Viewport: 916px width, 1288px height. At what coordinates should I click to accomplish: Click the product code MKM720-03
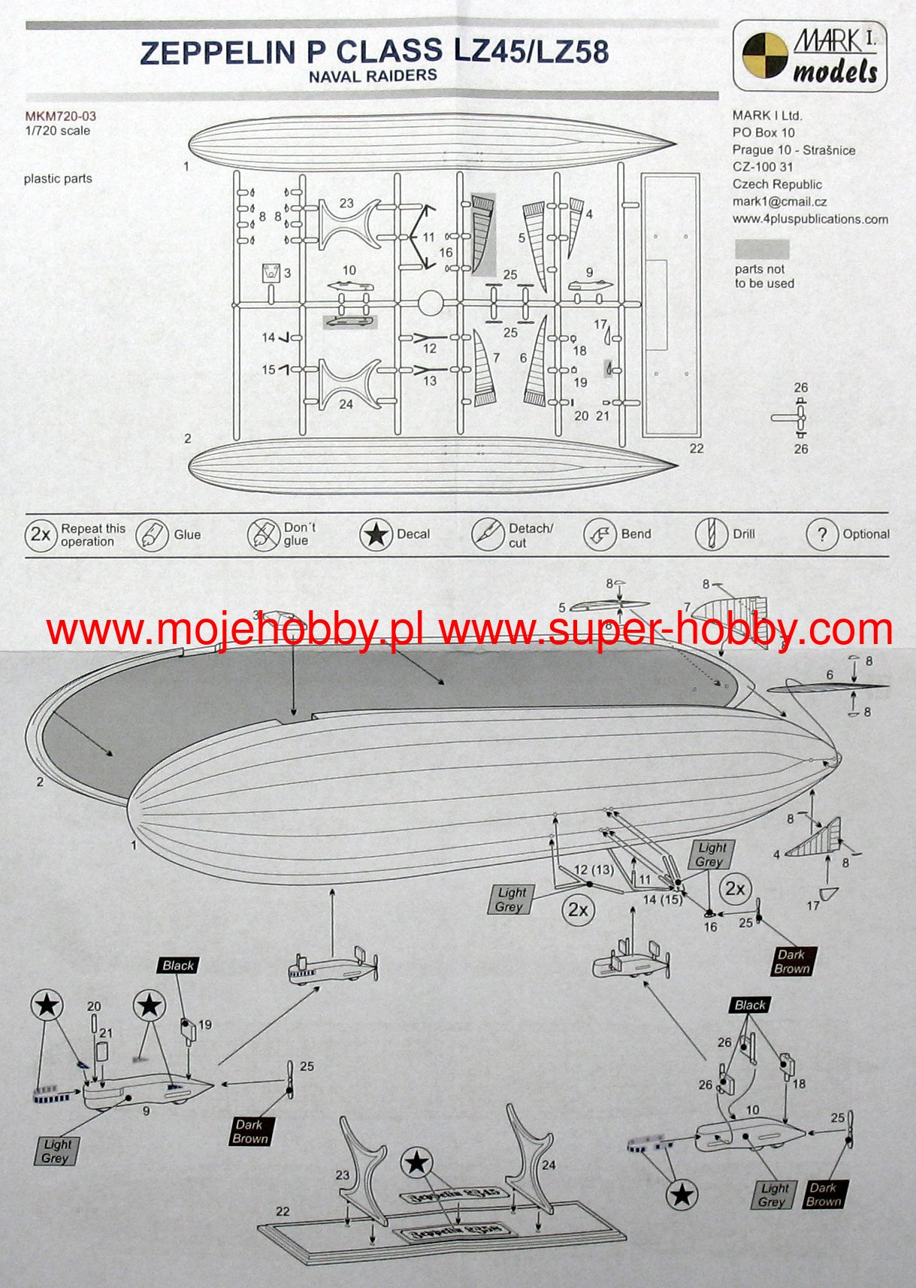pos(60,116)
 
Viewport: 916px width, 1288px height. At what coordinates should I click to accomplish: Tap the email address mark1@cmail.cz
pos(779,201)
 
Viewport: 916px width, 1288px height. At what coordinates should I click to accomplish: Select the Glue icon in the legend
pos(151,535)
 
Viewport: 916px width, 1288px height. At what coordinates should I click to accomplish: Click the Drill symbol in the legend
pos(710,534)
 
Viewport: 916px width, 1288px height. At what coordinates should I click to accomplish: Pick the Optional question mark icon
pos(821,534)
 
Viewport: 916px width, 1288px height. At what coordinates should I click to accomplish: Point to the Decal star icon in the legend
pos(375,534)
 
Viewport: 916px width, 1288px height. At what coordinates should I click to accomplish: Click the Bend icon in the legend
pos(599,534)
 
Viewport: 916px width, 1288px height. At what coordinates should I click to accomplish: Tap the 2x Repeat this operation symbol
pos(40,534)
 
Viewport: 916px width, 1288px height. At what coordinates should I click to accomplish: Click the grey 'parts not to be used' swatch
pos(761,249)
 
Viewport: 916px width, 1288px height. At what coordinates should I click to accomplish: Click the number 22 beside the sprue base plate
pos(696,449)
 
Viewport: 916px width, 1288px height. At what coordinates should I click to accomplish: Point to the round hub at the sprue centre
pos(429,304)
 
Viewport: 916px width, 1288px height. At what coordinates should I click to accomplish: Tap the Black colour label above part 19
pos(178,966)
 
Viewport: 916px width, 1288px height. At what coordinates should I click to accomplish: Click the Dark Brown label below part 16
pos(791,962)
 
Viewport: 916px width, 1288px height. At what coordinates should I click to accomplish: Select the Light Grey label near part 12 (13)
pos(511,899)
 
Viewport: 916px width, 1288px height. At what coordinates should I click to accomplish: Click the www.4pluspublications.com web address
pos(810,219)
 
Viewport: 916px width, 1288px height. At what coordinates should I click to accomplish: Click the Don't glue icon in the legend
pos(263,534)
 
